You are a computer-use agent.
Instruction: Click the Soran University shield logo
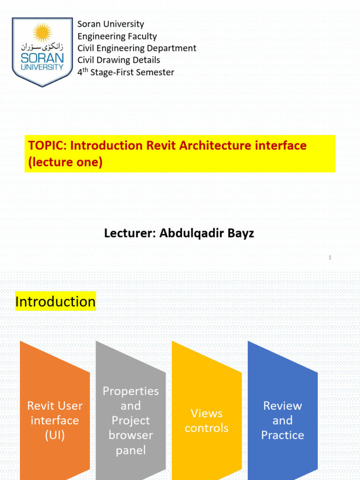click(x=43, y=52)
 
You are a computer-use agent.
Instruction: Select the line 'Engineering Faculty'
click(x=117, y=36)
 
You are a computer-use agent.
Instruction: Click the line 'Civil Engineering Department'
click(x=137, y=48)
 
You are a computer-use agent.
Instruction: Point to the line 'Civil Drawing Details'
click(x=119, y=60)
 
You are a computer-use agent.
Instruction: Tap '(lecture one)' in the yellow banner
click(x=65, y=163)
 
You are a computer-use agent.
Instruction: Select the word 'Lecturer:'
click(x=130, y=233)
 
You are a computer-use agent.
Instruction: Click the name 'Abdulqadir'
click(x=193, y=233)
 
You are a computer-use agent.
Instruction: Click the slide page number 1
click(x=330, y=257)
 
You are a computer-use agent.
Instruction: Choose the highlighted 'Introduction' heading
click(x=55, y=301)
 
